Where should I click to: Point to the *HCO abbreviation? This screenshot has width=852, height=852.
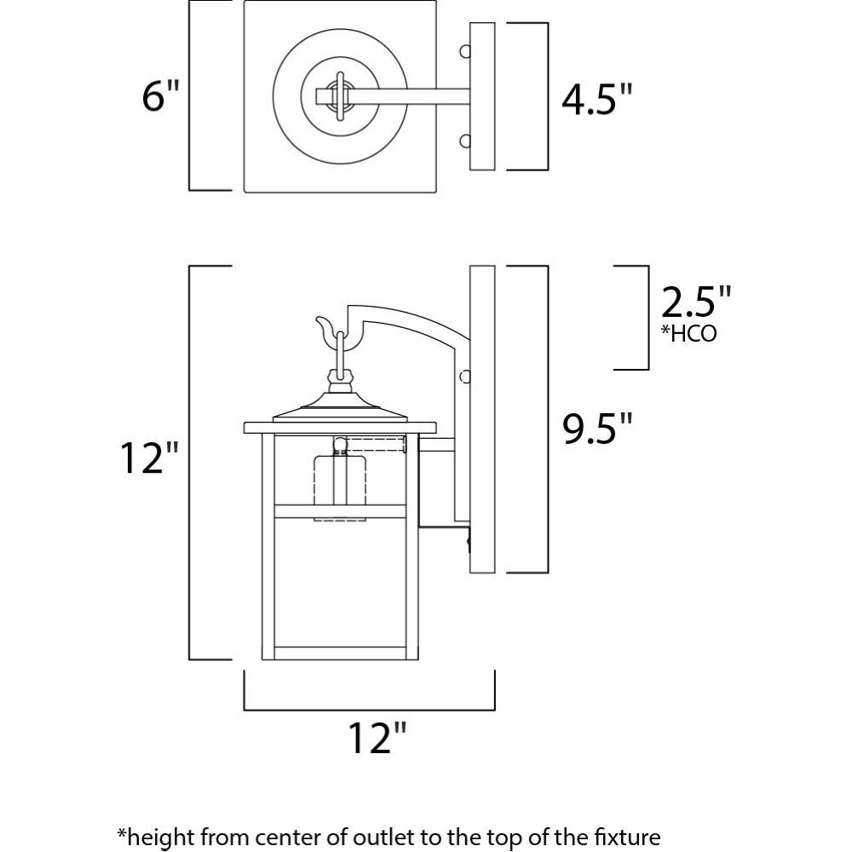point(688,333)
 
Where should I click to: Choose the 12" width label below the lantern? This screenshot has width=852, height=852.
point(377,737)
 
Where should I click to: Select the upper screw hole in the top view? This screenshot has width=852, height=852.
point(465,52)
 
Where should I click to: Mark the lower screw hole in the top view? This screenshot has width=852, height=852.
point(465,141)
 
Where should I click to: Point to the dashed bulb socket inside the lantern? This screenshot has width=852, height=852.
point(340,481)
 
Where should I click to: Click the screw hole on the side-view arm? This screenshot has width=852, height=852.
point(465,377)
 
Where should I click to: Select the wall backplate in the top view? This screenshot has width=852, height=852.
point(482,96)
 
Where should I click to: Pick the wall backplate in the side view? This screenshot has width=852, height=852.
point(482,419)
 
